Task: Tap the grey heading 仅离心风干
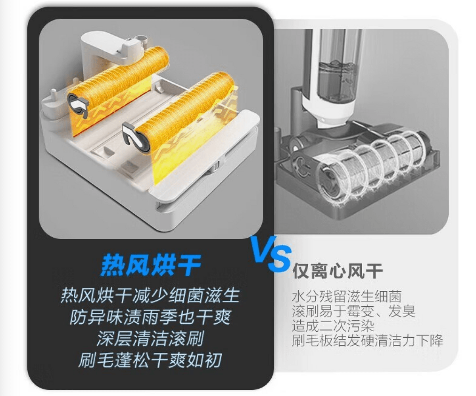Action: coord(338,271)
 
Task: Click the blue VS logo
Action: coord(271,254)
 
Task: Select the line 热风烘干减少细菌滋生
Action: coord(150,296)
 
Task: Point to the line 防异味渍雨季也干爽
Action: coord(150,317)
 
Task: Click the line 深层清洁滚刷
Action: coord(150,338)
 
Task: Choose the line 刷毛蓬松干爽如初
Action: coord(150,360)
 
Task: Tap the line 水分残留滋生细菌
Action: coord(347,296)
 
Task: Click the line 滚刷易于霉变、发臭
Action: coord(353,311)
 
